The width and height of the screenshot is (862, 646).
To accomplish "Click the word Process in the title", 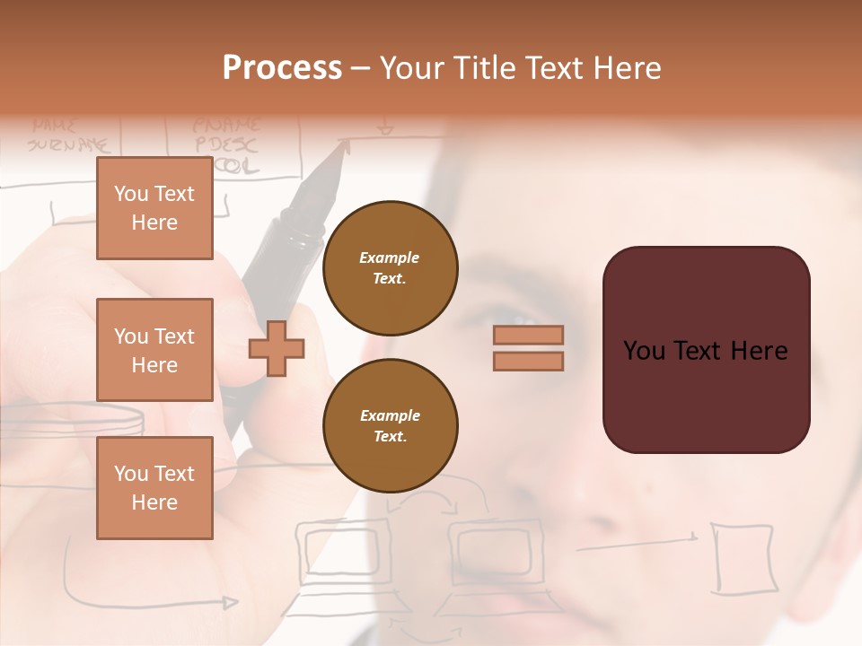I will pyautogui.click(x=282, y=68).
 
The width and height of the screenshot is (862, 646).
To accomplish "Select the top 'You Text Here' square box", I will pyautogui.click(x=154, y=208).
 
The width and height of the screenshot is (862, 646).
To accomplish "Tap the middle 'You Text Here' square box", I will pyautogui.click(x=154, y=350).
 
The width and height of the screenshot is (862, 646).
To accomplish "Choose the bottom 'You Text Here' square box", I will pyautogui.click(x=154, y=488).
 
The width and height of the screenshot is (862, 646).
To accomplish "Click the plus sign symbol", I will pyautogui.click(x=277, y=348).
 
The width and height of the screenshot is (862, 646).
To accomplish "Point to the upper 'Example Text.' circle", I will pyautogui.click(x=390, y=268).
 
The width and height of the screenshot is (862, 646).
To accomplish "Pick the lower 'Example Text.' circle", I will pyautogui.click(x=390, y=426).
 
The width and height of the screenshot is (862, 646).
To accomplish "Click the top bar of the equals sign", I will pyautogui.click(x=528, y=335).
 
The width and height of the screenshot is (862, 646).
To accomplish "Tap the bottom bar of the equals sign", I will pyautogui.click(x=528, y=361).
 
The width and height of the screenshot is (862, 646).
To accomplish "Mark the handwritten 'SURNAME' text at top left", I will pyautogui.click(x=67, y=144).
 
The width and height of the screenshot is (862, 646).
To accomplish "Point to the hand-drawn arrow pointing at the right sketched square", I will pyautogui.click(x=638, y=542).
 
